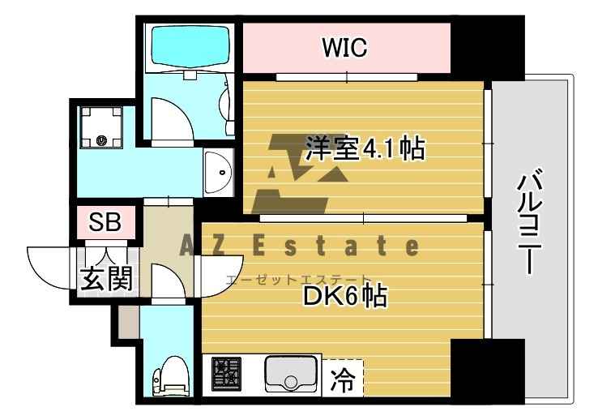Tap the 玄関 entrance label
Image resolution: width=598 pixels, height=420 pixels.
tap(105, 278)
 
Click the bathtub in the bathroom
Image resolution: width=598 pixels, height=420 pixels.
tap(188, 47)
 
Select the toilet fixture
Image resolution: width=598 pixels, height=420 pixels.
tap(165, 377)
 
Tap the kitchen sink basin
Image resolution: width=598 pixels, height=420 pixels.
tap(290, 375)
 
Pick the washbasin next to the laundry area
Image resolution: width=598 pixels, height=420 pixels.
tap(217, 172)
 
